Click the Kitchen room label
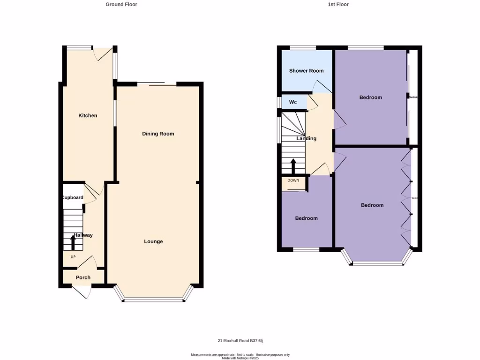(88, 115)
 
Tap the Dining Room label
(158, 134)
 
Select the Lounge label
(153, 241)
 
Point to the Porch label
(83, 277)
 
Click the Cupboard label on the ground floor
(73, 197)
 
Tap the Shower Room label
(306, 71)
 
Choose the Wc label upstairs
(293, 102)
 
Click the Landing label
(306, 138)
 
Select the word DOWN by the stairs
(293, 180)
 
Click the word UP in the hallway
(73, 257)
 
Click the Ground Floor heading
(121, 4)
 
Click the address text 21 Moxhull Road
(243, 341)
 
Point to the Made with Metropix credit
(240, 358)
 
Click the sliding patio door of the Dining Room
(157, 84)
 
